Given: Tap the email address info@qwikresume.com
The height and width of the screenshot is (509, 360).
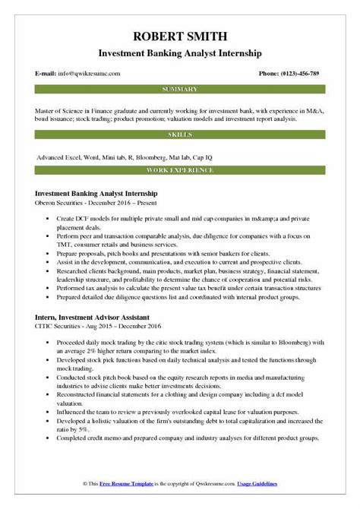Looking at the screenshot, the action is pos(80,74).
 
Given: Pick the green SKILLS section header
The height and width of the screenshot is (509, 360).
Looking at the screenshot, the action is pos(179,135).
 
